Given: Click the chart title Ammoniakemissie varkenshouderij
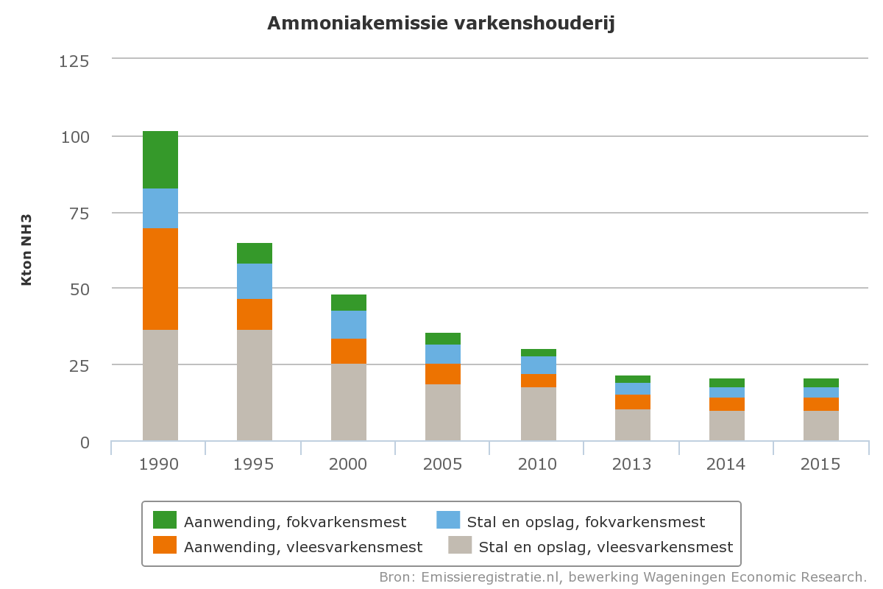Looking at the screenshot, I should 441,24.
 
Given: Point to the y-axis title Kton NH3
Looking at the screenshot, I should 26,250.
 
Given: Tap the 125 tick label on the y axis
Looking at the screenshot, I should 74,60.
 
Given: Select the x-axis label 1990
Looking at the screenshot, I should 160,465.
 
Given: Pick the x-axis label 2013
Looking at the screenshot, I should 632,465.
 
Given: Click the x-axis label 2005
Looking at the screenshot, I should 443,465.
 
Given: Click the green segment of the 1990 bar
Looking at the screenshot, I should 160,160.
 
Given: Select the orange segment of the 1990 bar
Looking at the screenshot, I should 160,279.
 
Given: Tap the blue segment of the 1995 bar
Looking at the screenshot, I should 255,281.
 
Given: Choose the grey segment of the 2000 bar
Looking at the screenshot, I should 349,402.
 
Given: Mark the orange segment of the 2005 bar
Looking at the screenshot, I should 443,374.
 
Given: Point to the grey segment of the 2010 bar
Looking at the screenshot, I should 539,414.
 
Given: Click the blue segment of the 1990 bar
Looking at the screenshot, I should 160,208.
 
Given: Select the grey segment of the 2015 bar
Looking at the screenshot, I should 821,426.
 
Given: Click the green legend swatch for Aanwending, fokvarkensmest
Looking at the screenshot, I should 165,520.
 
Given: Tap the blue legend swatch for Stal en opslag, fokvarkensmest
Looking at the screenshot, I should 448,520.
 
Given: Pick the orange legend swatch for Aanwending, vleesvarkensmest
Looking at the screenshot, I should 165,546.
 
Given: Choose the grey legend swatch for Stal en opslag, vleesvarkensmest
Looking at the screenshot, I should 460,546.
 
